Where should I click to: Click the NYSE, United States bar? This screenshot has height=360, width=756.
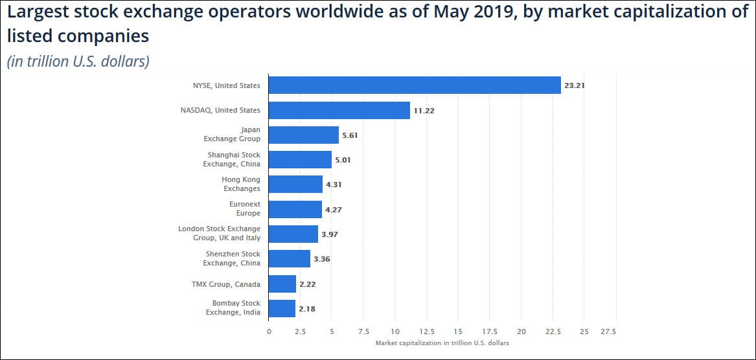pos(415,85)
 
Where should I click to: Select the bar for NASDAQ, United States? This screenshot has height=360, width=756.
pos(339,110)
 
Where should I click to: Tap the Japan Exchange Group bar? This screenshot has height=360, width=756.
pos(303,135)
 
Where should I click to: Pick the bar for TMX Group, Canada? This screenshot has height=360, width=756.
pos(282,284)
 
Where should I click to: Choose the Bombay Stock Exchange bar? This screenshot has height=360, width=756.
pos(282,308)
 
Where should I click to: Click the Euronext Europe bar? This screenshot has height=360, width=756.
pos(295,209)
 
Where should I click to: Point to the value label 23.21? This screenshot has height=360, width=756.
pos(575,85)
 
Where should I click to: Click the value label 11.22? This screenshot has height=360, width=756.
pos(424,111)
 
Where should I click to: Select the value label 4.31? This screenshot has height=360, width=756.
pos(334,185)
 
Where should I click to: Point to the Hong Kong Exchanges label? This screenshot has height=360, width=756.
pos(241,184)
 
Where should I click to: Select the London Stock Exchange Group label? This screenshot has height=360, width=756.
pos(219,234)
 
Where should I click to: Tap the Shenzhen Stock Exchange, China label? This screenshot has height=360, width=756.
pos(233,258)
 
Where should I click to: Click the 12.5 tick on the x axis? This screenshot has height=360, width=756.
pos(426,332)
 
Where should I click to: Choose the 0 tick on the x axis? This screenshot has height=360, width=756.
pos(269,332)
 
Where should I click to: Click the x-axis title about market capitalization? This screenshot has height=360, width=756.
pos(442,343)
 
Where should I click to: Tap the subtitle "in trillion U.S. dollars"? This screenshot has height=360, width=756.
pos(78,62)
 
